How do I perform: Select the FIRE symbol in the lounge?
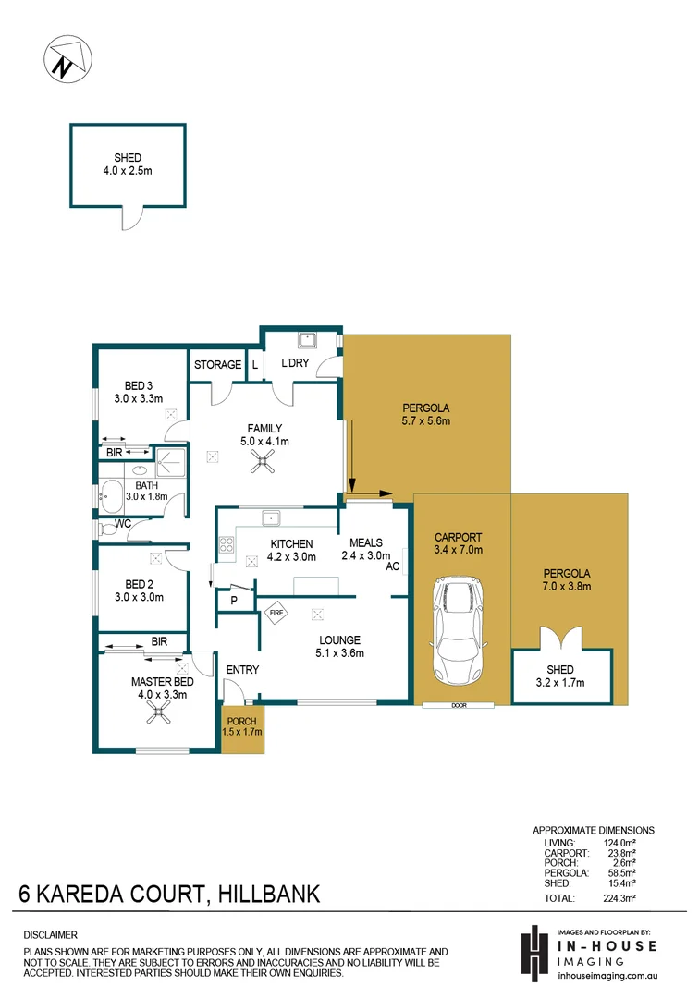(x=276, y=612)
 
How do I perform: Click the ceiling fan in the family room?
(x=258, y=465)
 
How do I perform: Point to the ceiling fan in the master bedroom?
(x=163, y=711)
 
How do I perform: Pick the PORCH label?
(x=242, y=721)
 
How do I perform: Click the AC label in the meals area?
(x=392, y=567)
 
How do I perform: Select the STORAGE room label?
(x=217, y=365)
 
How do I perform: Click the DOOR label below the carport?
(x=459, y=706)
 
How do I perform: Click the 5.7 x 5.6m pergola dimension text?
(x=425, y=421)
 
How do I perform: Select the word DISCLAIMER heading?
(x=50, y=935)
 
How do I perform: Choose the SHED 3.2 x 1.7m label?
(x=560, y=676)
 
